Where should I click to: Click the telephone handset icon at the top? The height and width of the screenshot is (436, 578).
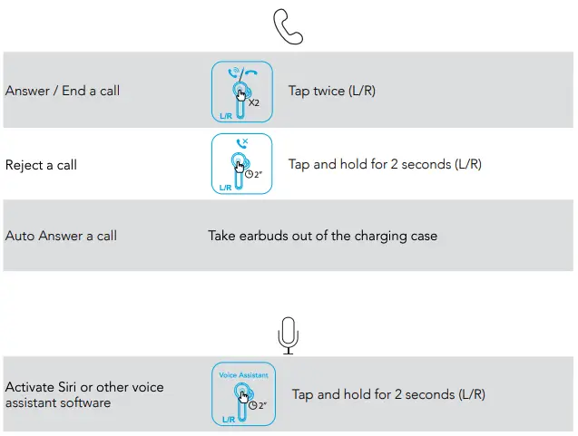[x=288, y=26]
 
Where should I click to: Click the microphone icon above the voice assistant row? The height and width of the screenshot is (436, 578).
[x=289, y=335]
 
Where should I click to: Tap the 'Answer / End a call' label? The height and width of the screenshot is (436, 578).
[x=63, y=91]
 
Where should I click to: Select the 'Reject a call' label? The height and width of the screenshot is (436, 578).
[x=41, y=165]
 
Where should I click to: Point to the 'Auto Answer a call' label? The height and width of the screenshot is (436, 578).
[x=61, y=236]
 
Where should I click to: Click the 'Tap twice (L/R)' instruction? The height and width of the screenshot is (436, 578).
[x=332, y=91]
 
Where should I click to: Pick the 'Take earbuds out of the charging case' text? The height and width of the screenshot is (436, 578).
[x=322, y=236]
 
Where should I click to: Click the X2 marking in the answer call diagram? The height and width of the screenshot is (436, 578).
[x=254, y=102]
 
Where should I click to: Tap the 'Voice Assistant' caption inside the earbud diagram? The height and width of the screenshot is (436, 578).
[x=243, y=375]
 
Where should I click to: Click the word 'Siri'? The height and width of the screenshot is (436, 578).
[x=67, y=387]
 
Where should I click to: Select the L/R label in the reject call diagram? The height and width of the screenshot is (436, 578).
[x=225, y=188]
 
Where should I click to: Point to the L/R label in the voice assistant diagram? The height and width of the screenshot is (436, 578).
[x=229, y=420]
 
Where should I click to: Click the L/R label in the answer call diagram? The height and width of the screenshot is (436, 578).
[x=226, y=116]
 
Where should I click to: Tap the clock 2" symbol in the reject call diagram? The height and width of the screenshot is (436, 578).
[x=254, y=174]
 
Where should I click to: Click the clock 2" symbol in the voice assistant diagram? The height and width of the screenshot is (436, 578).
[x=258, y=405]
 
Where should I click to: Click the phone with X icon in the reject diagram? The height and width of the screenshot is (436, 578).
[x=242, y=143]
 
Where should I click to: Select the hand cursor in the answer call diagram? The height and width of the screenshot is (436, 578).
[x=240, y=95]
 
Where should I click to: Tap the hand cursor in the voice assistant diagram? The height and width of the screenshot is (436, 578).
[x=244, y=397]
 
